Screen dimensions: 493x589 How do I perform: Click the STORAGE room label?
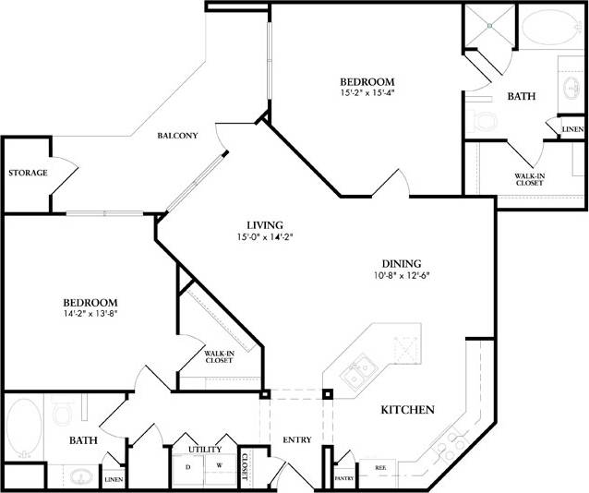(27, 174)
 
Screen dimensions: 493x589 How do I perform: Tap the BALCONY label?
(177, 136)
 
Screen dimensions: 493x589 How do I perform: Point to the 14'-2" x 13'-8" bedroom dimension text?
(90, 313)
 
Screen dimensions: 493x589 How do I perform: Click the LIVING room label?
(264, 225)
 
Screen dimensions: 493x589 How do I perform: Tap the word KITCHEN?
(407, 410)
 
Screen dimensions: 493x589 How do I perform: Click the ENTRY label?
(297, 439)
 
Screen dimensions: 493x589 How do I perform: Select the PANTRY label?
(344, 478)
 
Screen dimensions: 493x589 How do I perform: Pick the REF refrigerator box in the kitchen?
(379, 469)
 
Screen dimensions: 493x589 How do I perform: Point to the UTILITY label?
(204, 450)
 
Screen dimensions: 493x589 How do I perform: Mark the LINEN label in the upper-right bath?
(571, 130)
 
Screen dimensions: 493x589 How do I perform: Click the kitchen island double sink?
(358, 375)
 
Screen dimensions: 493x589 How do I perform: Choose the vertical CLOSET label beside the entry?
(246, 469)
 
